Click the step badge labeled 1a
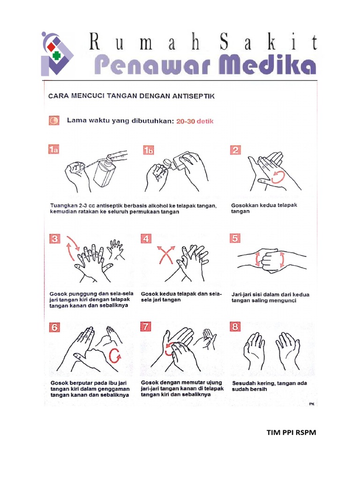tap(55, 150)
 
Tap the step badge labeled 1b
tap(149, 150)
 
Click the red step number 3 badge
tap(55, 239)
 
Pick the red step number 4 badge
tap(147, 239)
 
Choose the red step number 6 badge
tap(55, 327)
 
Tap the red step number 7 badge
tap(147, 327)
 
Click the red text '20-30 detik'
tap(195, 121)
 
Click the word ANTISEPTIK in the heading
tap(193, 96)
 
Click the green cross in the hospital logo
tap(57, 55)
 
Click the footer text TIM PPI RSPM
tap(291, 433)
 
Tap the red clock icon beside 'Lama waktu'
tap(54, 121)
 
